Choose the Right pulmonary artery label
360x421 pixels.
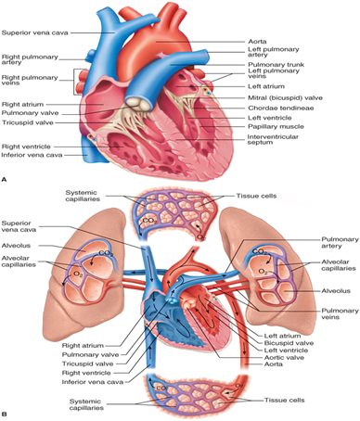28,59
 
